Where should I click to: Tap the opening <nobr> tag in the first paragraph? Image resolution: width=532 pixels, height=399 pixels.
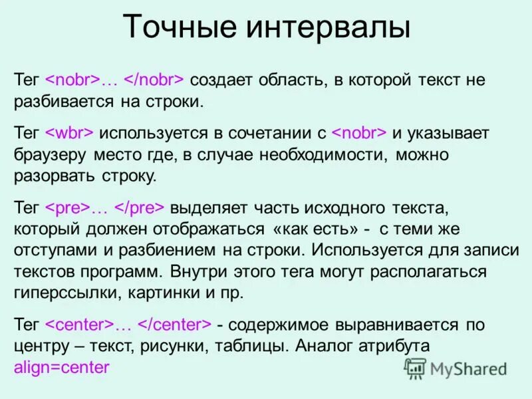(72, 80)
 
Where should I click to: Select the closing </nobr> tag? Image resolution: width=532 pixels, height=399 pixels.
(154, 80)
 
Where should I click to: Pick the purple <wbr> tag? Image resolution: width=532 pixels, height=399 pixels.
(69, 132)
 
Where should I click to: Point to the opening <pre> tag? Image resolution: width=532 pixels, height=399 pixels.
(67, 207)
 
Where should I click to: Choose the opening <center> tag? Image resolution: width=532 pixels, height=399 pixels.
(78, 325)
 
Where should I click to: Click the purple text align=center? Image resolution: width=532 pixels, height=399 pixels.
(61, 367)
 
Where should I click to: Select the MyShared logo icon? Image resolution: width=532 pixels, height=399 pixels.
(415, 367)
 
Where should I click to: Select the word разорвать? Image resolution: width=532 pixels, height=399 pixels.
(53, 176)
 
